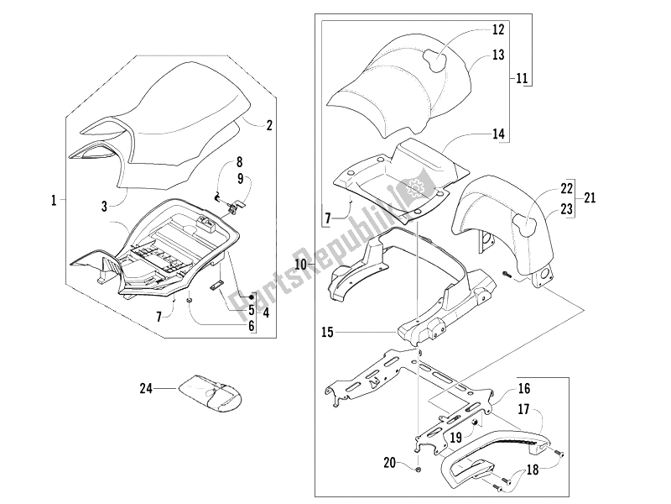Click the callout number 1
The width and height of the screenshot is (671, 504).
(54, 201)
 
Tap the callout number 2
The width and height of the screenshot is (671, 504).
(269, 127)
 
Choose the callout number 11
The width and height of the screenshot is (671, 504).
(522, 79)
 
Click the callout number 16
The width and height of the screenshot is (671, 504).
(524, 389)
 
